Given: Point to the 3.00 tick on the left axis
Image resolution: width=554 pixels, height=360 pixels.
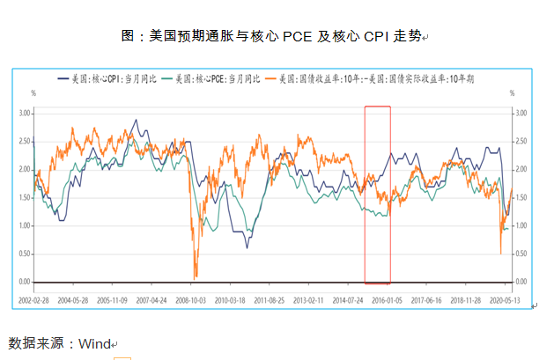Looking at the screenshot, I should pyautogui.click(x=24, y=114).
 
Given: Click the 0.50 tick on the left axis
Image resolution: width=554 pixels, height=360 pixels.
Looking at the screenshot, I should pyautogui.click(x=24, y=253).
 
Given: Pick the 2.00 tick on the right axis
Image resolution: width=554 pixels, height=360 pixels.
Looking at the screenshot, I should pyautogui.click(x=521, y=170).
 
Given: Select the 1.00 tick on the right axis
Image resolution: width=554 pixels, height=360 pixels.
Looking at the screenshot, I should pyautogui.click(x=521, y=225).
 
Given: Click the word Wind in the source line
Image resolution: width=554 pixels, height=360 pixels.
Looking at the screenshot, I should pyautogui.click(x=92, y=343).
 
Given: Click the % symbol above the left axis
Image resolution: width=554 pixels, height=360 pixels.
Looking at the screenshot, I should pyautogui.click(x=33, y=92).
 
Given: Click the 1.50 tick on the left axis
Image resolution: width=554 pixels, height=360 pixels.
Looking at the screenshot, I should pyautogui.click(x=24, y=197).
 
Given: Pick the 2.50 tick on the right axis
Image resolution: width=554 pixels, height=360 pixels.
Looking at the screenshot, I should pyautogui.click(x=521, y=142).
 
